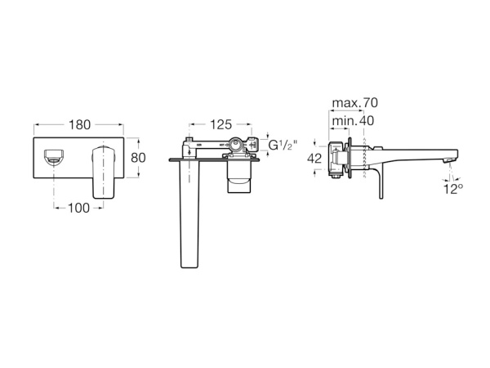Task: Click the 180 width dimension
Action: (x=78, y=125)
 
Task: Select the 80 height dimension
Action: (x=140, y=157)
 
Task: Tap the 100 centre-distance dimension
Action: (x=78, y=208)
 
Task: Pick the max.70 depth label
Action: (x=354, y=103)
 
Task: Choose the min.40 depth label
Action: (x=351, y=120)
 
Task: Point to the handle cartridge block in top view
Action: (x=239, y=177)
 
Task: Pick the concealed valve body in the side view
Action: (x=334, y=158)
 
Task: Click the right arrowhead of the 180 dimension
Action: (x=121, y=125)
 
